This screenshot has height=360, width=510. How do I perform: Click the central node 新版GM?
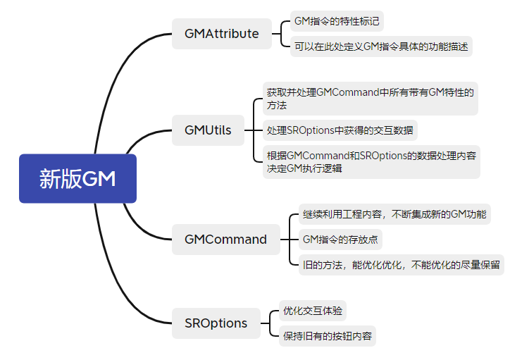[77, 178]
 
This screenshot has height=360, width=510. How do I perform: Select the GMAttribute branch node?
[221, 33]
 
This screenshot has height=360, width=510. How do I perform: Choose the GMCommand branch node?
[225, 240]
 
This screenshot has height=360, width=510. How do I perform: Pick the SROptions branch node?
[216, 323]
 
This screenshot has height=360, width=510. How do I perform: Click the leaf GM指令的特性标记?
[337, 22]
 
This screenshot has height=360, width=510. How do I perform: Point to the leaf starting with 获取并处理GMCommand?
[370, 98]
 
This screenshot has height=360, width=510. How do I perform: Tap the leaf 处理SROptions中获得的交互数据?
[340, 130]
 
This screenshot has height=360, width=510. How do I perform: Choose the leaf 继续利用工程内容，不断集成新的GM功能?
[394, 214]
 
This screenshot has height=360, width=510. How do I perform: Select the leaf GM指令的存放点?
[340, 240]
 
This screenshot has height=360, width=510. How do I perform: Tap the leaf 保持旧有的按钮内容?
[327, 335]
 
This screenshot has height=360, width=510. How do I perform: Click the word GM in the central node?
[99, 178]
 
